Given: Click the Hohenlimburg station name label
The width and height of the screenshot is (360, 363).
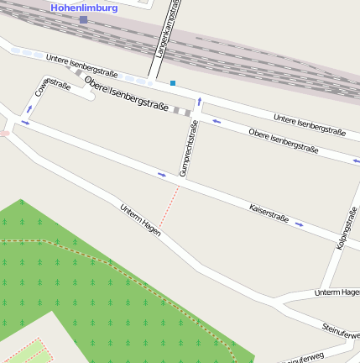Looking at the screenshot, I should pyautogui.click(x=84, y=8).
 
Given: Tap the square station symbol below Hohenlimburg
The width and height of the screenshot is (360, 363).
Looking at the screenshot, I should pyautogui.click(x=83, y=18).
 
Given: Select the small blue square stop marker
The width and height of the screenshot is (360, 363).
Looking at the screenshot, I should pyautogui.click(x=173, y=82).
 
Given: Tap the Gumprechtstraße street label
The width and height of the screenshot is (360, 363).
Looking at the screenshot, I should pyautogui.click(x=189, y=150).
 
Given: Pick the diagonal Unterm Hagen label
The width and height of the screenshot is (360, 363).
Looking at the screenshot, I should pyautogui.click(x=139, y=218).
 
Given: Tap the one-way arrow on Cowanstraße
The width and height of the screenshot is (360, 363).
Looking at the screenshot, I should pyautogui.click(x=30, y=108).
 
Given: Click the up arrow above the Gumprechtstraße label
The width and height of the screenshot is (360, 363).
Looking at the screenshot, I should pyautogui.click(x=199, y=101).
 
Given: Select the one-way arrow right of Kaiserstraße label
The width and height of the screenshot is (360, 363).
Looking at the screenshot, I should pyautogui.click(x=300, y=224).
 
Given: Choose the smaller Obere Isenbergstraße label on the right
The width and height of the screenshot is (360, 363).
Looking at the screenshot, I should pyautogui.click(x=284, y=139).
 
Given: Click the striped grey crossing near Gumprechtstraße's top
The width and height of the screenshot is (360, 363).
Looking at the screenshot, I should pyautogui.click(x=183, y=112).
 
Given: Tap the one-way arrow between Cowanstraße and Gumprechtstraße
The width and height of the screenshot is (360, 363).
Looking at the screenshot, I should pyautogui.click(x=162, y=175).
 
